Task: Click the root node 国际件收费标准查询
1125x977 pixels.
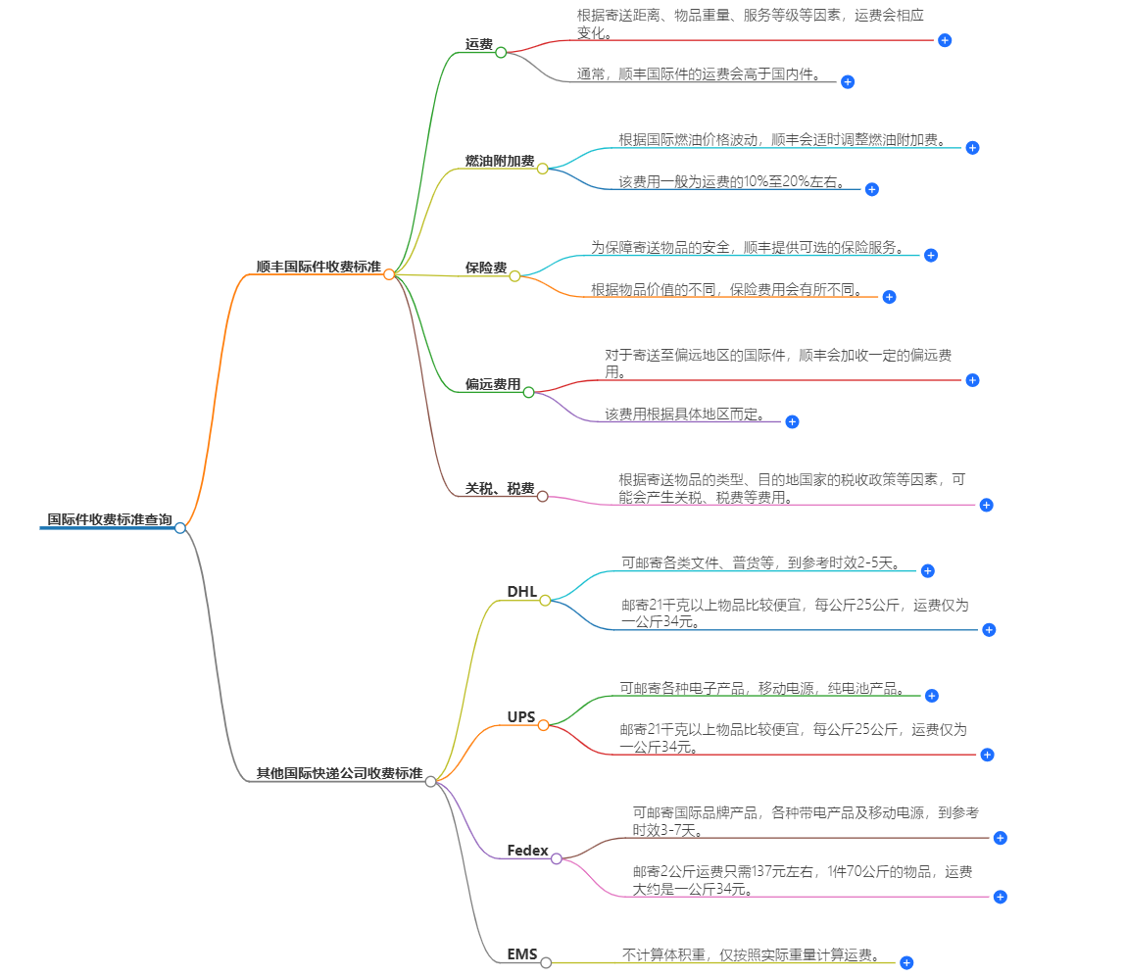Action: point(110,519)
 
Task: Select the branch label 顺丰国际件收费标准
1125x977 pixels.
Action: point(318,267)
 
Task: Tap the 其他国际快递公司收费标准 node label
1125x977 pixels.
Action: point(339,773)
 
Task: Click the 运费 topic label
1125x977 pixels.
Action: point(479,44)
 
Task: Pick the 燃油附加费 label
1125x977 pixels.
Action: point(500,161)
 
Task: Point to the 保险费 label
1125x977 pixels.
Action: point(486,268)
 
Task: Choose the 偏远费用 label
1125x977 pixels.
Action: point(493,384)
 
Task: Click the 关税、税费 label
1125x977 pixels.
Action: point(500,488)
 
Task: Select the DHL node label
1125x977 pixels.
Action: point(522,591)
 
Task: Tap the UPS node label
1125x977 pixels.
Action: point(521,717)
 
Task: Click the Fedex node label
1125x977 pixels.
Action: point(527,850)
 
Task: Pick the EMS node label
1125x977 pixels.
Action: point(522,953)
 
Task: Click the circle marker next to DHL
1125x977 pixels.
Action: point(545,600)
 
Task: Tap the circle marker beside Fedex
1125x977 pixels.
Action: point(557,858)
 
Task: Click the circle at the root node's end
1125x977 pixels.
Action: point(180,527)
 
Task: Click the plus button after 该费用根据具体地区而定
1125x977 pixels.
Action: point(793,421)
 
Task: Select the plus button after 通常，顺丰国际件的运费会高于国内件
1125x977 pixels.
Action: point(848,82)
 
